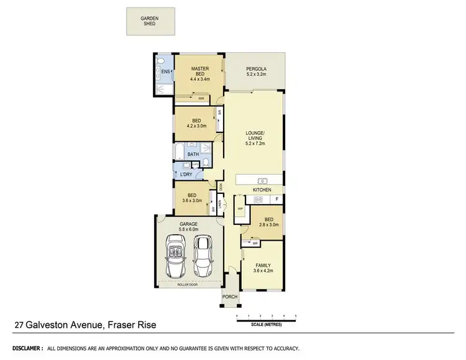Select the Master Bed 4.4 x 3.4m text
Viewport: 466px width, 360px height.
click(199, 73)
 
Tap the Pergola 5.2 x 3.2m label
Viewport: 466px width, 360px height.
click(255, 70)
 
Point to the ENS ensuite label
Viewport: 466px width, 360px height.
click(165, 73)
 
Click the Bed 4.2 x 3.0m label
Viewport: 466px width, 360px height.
click(196, 123)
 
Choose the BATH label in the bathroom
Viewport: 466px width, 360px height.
click(193, 155)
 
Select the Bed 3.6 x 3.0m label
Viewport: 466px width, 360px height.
click(192, 197)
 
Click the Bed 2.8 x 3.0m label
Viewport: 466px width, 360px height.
click(267, 222)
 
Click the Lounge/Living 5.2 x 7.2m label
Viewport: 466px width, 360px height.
click(255, 139)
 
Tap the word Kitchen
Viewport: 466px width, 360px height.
click(261, 190)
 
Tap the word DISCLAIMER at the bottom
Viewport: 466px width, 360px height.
click(26, 349)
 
